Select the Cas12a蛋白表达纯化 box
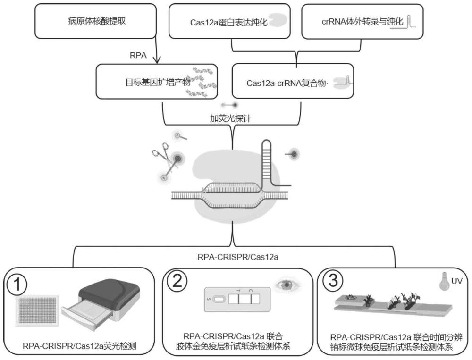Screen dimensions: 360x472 (x=232, y=21)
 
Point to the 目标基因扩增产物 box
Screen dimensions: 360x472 (x=159, y=81)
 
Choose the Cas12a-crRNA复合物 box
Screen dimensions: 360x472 (x=293, y=81)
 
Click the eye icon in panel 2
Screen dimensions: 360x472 (x=285, y=285)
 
